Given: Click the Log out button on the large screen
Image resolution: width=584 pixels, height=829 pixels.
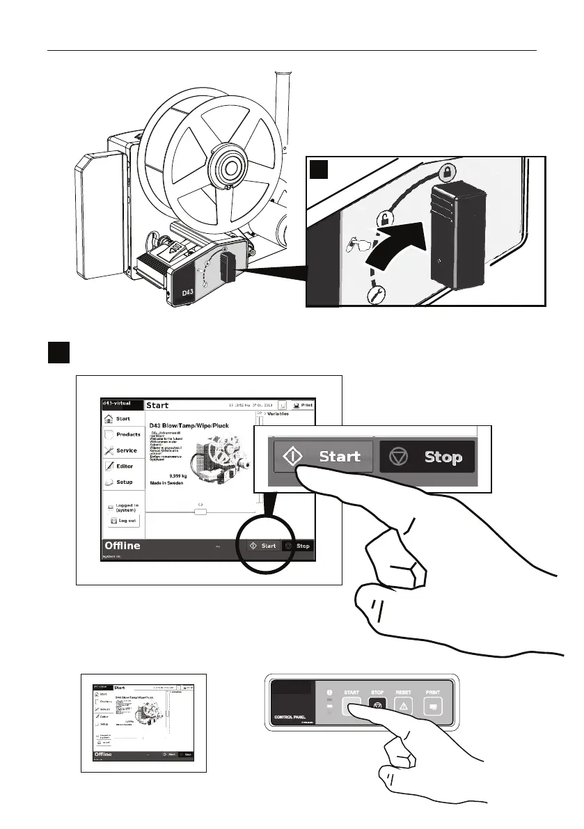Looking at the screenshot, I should [x=123, y=520].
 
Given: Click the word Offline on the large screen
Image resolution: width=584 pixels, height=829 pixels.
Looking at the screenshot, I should [x=123, y=546].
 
